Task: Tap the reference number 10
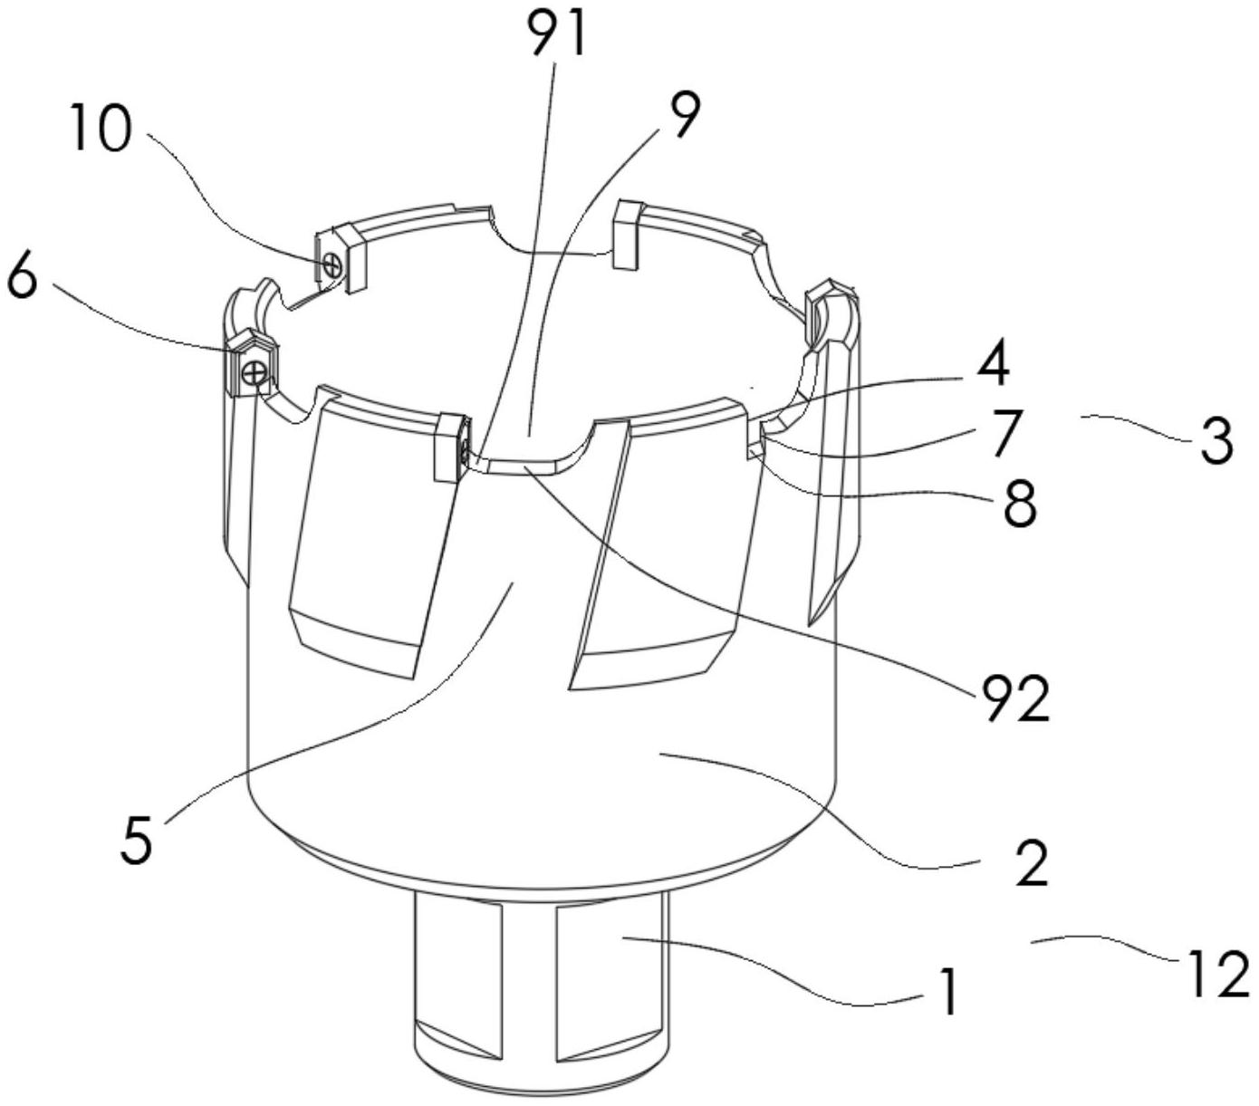coord(101,132)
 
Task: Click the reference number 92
coord(1014,698)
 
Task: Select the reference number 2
coord(1032,862)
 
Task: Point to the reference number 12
coord(1216,975)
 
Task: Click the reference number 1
coord(947,992)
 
